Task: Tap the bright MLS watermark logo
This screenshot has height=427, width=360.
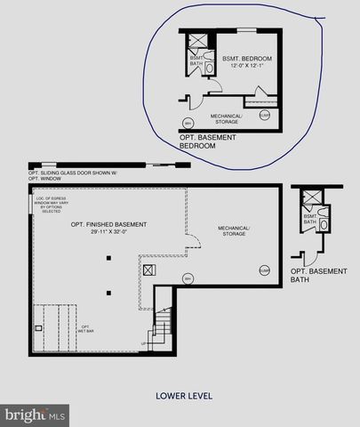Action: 35,415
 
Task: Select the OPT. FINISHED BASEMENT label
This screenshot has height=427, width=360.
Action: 102,224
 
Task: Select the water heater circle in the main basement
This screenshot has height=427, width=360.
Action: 187,278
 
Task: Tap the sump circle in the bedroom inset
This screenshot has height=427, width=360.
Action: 265,115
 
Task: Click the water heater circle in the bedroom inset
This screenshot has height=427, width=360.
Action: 188,123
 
